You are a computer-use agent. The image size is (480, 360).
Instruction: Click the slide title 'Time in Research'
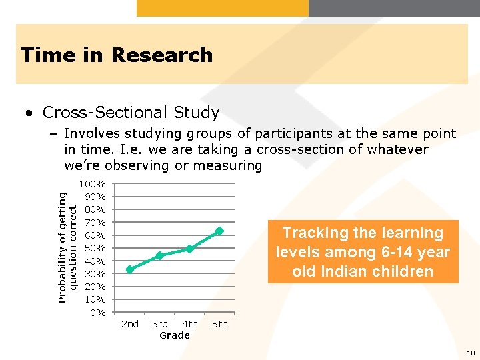pos(117,55)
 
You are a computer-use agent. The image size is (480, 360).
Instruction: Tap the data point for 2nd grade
pos(130,269)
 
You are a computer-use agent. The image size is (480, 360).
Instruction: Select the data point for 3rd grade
pos(160,256)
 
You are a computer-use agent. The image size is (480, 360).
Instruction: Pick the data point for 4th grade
pos(190,249)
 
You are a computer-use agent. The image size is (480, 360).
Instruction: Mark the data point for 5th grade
pos(219,231)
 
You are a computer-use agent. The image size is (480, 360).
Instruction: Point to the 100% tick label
pos(92,183)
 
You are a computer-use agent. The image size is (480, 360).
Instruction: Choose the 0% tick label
pos(97,313)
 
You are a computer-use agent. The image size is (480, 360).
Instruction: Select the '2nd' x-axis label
pos(130,324)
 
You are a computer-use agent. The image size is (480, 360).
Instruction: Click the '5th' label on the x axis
pos(219,324)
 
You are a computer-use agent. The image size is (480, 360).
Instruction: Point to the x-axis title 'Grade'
pos(175,335)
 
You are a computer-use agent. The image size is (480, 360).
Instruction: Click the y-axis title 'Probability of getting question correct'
pos(67,247)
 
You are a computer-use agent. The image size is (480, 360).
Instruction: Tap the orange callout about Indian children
pos(363,252)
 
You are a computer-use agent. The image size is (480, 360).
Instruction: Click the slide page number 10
pos(471,353)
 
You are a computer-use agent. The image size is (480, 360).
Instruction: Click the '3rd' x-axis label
pos(160,324)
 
